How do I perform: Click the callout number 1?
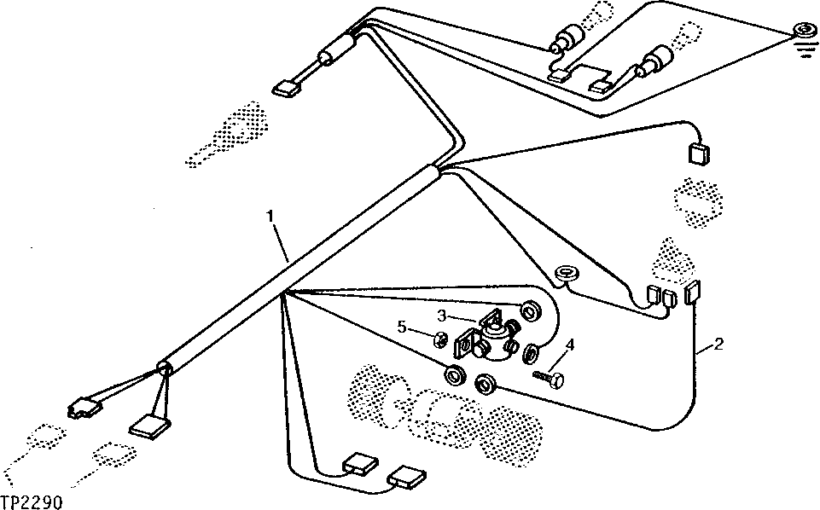click(270, 217)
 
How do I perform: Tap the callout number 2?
click(719, 345)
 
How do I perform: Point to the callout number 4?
click(569, 345)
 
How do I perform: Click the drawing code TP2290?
click(32, 503)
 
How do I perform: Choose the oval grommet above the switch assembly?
click(565, 274)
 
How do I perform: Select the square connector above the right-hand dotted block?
click(698, 154)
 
